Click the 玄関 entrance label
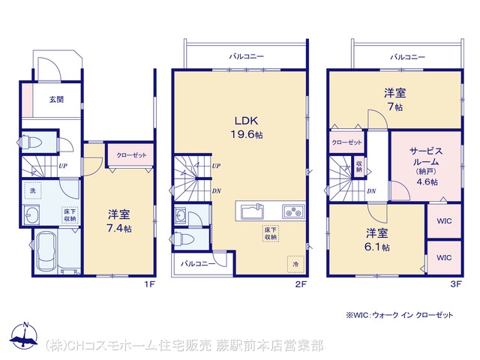coord(57,99)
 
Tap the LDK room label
coord(247,121)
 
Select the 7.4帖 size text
coord(119,228)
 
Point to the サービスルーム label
coord(426,156)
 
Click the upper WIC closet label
coord(444,220)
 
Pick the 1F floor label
coord(150,284)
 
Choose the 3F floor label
coord(455,284)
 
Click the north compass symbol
coord(24,335)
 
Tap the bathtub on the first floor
coord(46,252)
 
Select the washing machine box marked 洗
coord(33,190)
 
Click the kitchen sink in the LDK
coord(252,211)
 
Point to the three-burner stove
coord(293,211)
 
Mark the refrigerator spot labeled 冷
coord(295,264)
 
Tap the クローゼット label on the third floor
coord(346,142)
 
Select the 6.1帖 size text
coord(377,247)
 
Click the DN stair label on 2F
coord(217,191)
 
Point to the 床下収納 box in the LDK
coord(271,233)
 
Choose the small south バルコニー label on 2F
coord(198,263)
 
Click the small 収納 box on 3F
coord(359,166)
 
